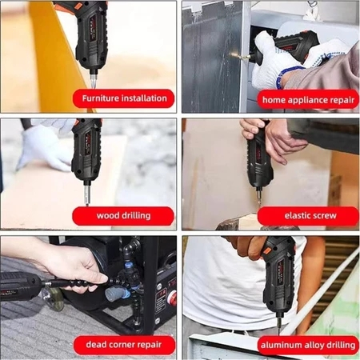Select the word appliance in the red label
pos(307,100)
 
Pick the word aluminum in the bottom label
pos(279,346)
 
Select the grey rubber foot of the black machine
pos(114,294)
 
